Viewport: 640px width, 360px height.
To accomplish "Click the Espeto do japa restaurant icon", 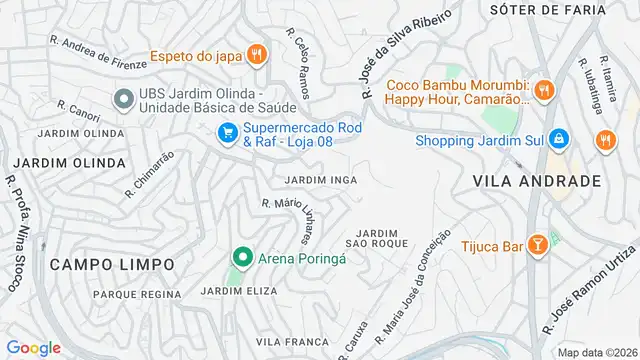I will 257,54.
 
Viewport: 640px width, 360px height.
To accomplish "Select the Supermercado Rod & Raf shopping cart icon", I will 228,131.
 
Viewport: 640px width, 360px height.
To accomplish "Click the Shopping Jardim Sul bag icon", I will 560,139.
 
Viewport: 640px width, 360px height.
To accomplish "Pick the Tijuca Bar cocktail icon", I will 536,243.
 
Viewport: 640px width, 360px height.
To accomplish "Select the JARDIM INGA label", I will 321,180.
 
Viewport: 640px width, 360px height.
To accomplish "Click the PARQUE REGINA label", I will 136,294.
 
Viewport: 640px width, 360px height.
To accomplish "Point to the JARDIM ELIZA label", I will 239,291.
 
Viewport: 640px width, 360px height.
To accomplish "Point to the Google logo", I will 33,347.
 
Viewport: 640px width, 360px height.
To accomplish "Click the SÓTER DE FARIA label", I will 547,9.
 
